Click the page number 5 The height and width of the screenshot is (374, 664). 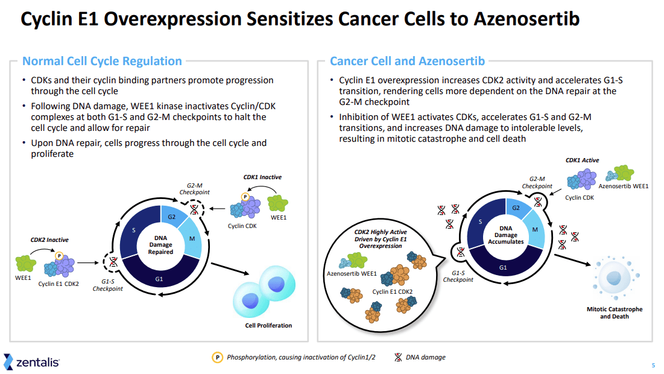pyautogui.click(x=653, y=366)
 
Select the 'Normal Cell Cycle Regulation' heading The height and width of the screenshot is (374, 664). pyautogui.click(x=102, y=61)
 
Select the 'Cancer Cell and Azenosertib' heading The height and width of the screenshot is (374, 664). pyautogui.click(x=407, y=61)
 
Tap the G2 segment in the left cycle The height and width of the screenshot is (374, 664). pyautogui.click(x=171, y=217)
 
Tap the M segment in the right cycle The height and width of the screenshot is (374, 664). pyautogui.click(x=534, y=229)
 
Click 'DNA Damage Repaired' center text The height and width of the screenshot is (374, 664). pyautogui.click(x=160, y=245)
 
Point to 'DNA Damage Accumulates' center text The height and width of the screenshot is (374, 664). pyautogui.click(x=505, y=235)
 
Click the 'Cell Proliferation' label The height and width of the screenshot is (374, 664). pyautogui.click(x=268, y=326)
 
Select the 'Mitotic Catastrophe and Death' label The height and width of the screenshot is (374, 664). pyautogui.click(x=615, y=312)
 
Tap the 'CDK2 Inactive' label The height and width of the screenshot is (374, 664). pyautogui.click(x=49, y=240)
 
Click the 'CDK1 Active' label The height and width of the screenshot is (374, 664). pyautogui.click(x=582, y=160)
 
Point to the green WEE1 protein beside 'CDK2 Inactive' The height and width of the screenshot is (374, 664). pyautogui.click(x=28, y=262)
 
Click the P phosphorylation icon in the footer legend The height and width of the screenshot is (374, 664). pyautogui.click(x=217, y=357)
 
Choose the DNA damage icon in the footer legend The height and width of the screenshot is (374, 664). pyautogui.click(x=398, y=357)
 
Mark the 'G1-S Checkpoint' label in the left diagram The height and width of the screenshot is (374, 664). pyautogui.click(x=107, y=285)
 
